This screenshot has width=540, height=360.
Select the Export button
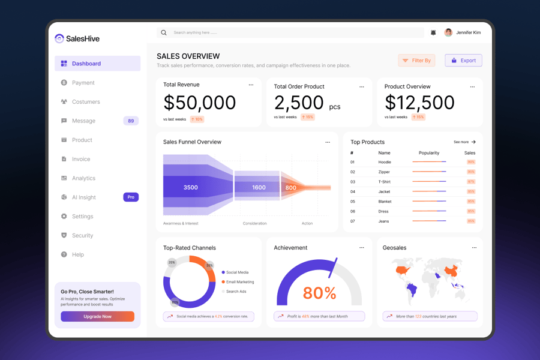[463, 61]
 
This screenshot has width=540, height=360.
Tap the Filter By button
[416, 61]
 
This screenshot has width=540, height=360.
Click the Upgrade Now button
[97, 316]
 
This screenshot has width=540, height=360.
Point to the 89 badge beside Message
[131, 121]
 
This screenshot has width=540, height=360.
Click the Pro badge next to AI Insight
[131, 197]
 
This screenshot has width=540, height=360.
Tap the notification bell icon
[433, 32]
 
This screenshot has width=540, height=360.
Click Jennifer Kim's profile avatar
[448, 32]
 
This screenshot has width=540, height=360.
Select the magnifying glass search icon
[164, 32]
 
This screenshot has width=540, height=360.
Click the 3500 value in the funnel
[190, 187]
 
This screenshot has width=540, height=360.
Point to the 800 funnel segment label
[290, 188]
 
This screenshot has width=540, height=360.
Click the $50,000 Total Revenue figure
[200, 103]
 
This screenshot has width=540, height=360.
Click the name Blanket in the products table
[385, 202]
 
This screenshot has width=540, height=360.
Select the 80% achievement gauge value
[319, 293]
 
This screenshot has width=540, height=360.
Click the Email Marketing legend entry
[239, 282]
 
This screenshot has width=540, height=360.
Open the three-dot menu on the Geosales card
[474, 247]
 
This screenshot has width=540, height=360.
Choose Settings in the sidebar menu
[83, 217]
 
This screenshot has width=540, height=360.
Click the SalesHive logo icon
[59, 38]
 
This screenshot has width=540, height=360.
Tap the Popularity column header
[429, 153]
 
